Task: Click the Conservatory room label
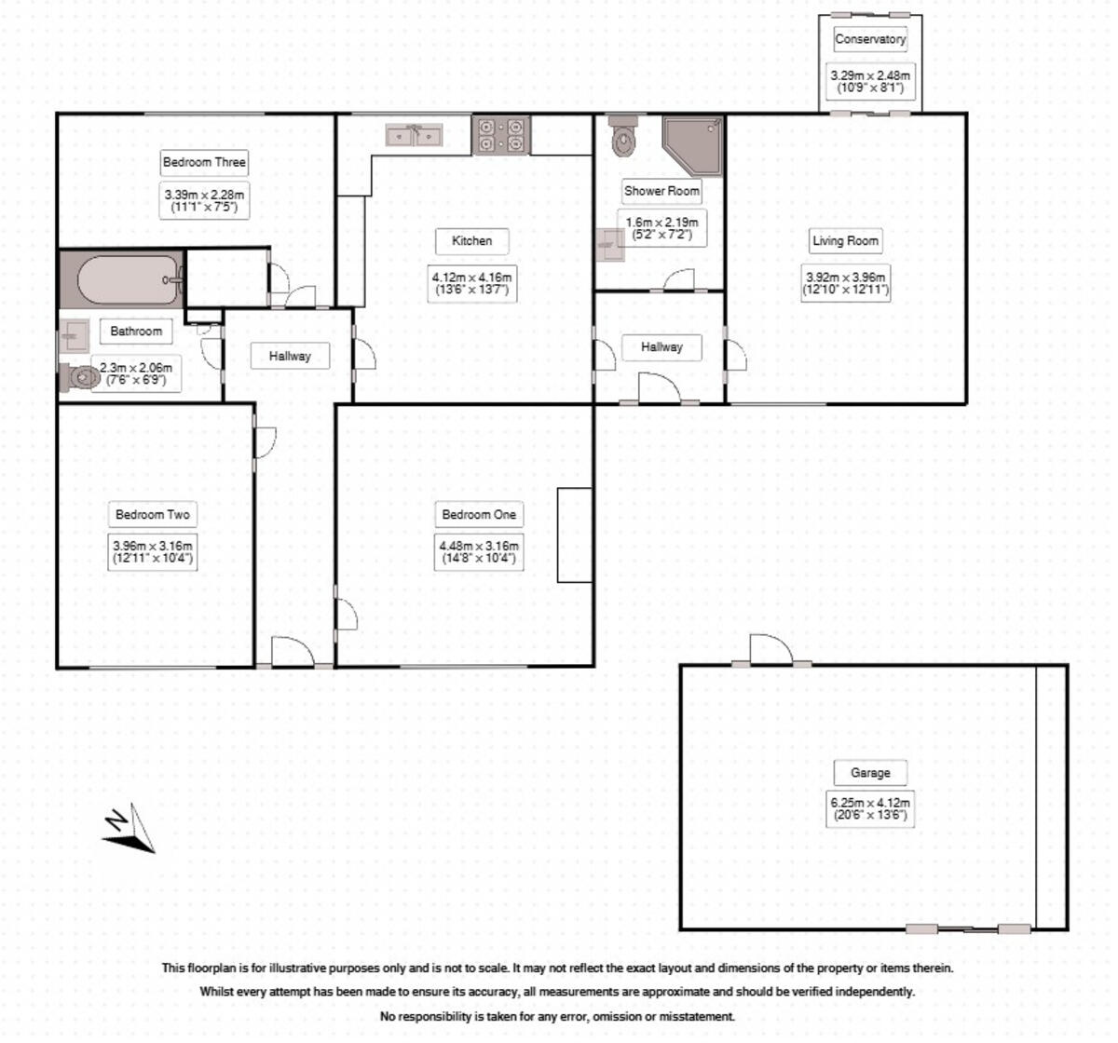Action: coord(870,39)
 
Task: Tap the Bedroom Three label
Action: coord(204,162)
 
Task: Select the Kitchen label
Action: coord(471,241)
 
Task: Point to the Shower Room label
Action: coord(661,191)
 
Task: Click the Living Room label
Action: coord(845,241)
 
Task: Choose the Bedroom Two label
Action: coord(153,514)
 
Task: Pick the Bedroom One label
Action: coord(479,514)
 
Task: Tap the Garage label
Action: coord(870,773)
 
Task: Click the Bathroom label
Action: coord(136,331)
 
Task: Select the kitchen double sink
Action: coord(415,136)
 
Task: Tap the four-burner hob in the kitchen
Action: coord(501,135)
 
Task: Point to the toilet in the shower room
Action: coord(621,138)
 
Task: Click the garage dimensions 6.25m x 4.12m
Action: coord(870,808)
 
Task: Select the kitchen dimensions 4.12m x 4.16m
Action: coord(471,283)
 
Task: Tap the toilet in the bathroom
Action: coord(82,377)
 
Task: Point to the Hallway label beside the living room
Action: coord(661,347)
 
